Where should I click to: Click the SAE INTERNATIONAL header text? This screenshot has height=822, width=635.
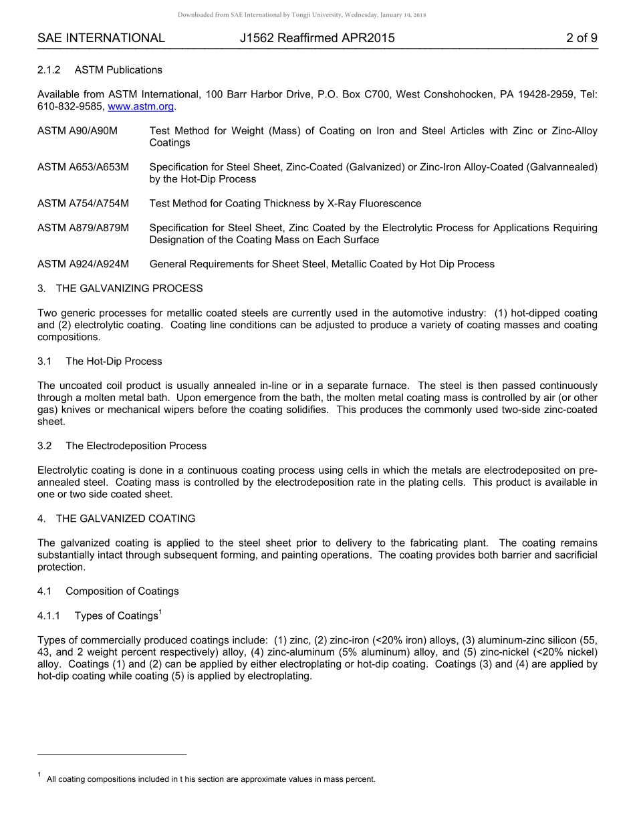tap(101, 38)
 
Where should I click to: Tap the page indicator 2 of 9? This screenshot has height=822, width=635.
tap(581, 38)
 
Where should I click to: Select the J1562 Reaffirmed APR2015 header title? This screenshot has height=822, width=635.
tap(317, 38)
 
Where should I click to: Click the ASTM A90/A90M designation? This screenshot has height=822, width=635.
tap(78, 131)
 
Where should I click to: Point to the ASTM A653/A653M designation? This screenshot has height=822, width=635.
tap(83, 167)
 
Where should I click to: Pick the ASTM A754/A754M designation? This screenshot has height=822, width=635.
tap(83, 203)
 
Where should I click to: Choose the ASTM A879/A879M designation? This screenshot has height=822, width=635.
tap(83, 228)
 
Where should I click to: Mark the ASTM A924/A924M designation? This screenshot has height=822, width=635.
tap(83, 264)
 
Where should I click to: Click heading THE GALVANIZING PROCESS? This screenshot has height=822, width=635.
tap(129, 289)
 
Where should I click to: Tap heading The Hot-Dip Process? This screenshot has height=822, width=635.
tap(114, 362)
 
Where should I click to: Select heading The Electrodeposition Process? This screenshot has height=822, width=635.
tap(136, 446)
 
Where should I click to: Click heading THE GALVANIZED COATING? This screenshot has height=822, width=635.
tap(126, 519)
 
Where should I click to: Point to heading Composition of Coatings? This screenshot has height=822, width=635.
tap(122, 591)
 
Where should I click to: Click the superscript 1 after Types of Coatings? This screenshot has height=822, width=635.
tap(160, 612)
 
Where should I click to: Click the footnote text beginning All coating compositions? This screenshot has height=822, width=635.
tap(211, 779)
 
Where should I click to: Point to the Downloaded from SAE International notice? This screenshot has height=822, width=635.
tap(301, 15)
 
